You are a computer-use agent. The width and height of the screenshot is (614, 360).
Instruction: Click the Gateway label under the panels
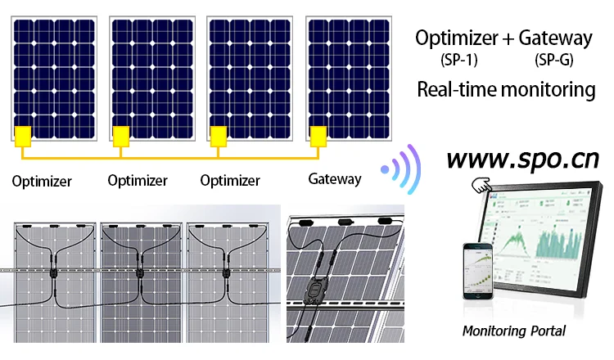(334, 179)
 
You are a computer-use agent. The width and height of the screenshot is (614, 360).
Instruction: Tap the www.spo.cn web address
(523, 157)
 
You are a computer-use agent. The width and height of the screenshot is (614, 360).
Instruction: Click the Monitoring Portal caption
(514, 331)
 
